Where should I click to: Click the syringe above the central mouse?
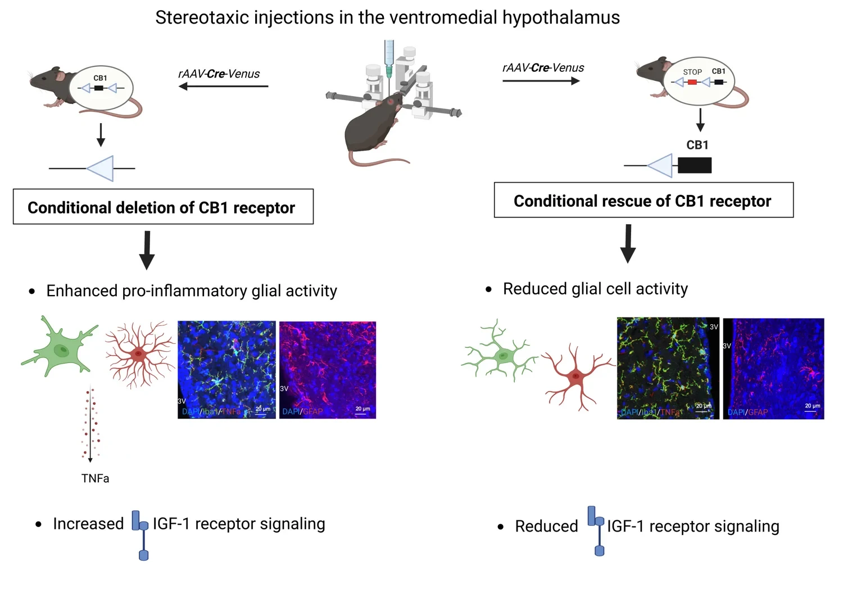389,59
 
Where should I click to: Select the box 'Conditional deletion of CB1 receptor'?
163,207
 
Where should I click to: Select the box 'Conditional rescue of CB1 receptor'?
643,200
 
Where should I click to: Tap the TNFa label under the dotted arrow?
95,478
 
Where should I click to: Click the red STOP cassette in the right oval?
692,82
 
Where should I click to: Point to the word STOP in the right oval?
692,72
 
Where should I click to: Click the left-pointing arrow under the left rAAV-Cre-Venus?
223,87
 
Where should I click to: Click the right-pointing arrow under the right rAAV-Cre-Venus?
541,81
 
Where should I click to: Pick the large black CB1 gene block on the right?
695,165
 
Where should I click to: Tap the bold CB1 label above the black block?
697,145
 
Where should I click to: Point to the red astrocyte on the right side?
577,376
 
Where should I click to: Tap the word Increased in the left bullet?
88,524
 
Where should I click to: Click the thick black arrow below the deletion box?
147,249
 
